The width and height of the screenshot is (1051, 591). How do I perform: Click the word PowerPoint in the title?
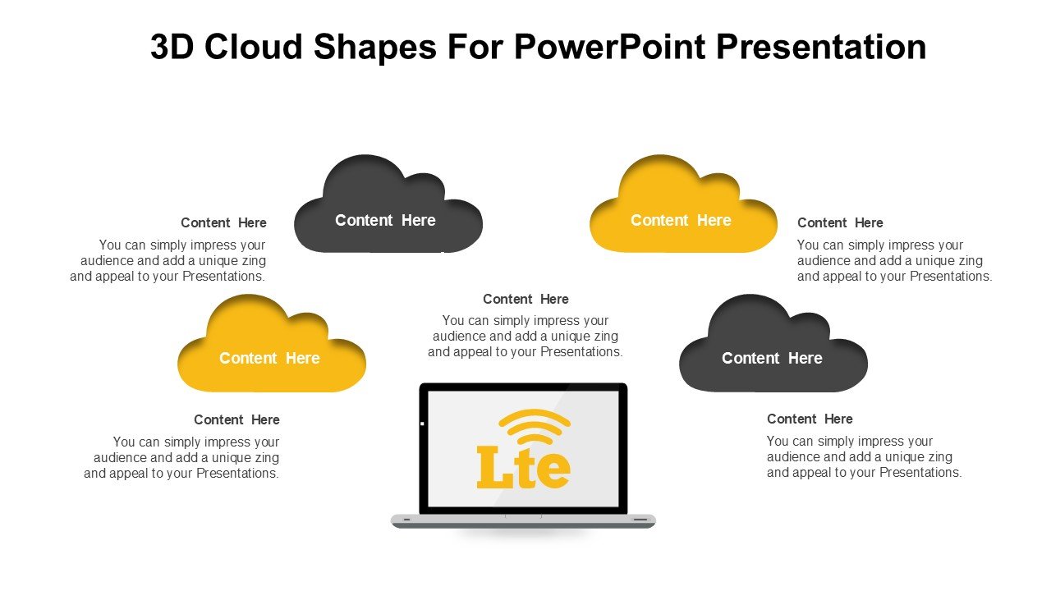pyautogui.click(x=610, y=47)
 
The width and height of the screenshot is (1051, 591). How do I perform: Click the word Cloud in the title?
pyautogui.click(x=254, y=47)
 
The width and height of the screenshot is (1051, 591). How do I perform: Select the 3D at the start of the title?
pyautogui.click(x=172, y=47)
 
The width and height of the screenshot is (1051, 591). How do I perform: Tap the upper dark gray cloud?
pyautogui.click(x=388, y=204)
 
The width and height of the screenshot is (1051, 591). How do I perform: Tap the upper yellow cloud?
pyautogui.click(x=683, y=204)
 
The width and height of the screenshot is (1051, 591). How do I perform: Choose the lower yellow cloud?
pyautogui.click(x=272, y=344)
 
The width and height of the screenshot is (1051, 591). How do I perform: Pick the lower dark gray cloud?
pyautogui.click(x=773, y=344)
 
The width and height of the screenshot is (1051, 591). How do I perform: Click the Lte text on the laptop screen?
pyautogui.click(x=523, y=467)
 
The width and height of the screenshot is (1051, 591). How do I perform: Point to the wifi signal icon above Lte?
pyautogui.click(x=535, y=426)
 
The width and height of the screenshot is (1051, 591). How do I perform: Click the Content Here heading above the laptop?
pyautogui.click(x=525, y=300)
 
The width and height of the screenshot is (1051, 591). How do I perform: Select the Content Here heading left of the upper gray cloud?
pyautogui.click(x=223, y=222)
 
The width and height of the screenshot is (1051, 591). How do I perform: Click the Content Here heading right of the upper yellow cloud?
pyautogui.click(x=840, y=222)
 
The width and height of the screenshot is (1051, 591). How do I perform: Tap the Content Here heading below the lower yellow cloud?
pyautogui.click(x=236, y=419)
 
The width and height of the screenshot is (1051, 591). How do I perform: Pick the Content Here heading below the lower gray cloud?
pyautogui.click(x=810, y=419)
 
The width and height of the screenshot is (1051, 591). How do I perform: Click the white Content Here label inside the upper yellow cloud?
pyautogui.click(x=681, y=221)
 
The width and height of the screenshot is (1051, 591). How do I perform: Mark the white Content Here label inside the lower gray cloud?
pyautogui.click(x=772, y=359)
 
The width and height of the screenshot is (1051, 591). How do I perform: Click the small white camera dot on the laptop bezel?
pyautogui.click(x=422, y=424)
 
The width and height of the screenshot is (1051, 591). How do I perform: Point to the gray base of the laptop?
pyautogui.click(x=523, y=520)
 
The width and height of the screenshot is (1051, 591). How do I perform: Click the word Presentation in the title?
pyautogui.click(x=821, y=47)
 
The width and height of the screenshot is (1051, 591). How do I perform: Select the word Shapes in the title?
pyautogui.click(x=375, y=47)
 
